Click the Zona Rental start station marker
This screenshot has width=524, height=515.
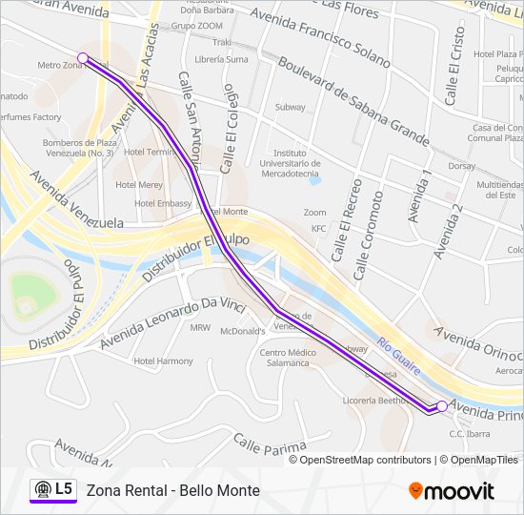[83, 58]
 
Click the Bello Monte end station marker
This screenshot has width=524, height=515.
[442, 406]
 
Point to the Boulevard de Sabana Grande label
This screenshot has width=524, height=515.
[353, 100]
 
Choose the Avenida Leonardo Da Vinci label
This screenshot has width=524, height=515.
[180, 323]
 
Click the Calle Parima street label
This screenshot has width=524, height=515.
[270, 444]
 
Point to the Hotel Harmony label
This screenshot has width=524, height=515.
[163, 361]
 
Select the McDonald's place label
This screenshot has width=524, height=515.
[241, 332]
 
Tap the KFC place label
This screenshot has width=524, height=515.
[318, 229]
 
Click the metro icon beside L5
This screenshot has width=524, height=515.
[42, 490]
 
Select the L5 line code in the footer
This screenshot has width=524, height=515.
[64, 490]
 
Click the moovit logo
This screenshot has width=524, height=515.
[452, 491]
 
